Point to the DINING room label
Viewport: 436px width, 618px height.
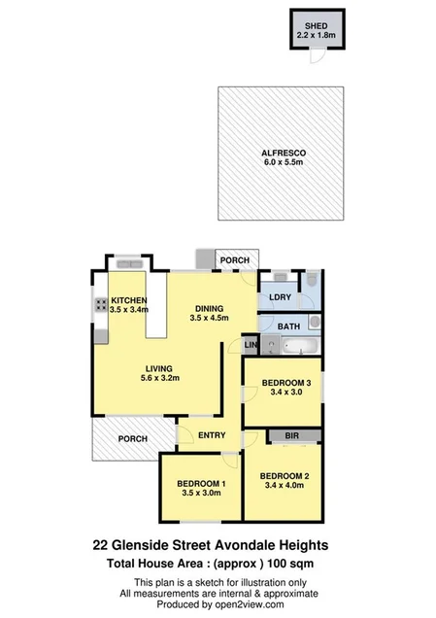click(x=211, y=302)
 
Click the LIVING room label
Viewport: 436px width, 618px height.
click(x=159, y=368)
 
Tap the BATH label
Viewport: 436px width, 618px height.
click(x=287, y=326)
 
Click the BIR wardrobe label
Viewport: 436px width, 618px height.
click(x=291, y=436)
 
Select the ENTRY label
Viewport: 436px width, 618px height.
click(x=212, y=436)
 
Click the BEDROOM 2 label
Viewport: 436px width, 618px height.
click(x=284, y=476)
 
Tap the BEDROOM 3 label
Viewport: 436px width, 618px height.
click(x=284, y=383)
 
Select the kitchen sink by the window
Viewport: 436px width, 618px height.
click(x=127, y=262)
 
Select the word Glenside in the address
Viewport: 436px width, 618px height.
click(x=166, y=545)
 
